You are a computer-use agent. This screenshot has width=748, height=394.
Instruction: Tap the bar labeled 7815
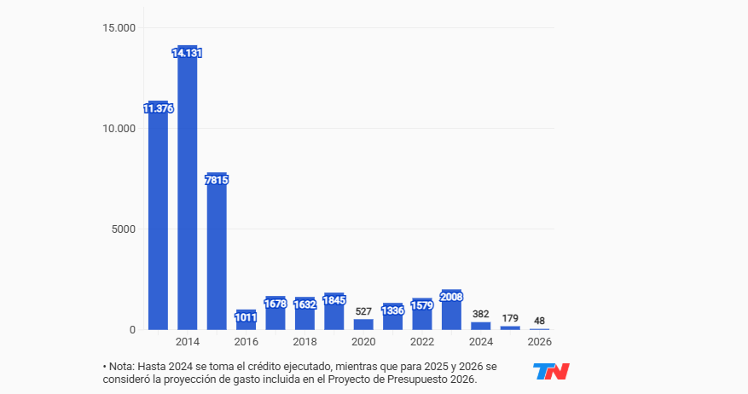pos(217,256)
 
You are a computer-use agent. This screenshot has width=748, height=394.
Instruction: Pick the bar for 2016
pos(246,321)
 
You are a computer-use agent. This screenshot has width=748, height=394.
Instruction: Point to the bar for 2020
pos(363,324)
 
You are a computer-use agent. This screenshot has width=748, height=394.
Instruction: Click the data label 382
pos(481,314)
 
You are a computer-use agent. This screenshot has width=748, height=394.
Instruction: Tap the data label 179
pos(510,318)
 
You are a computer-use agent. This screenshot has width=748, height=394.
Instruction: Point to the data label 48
pos(539,321)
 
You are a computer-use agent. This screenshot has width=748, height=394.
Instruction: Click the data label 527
pos(363,311)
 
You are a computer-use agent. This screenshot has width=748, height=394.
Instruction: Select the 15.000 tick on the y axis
pos(119,27)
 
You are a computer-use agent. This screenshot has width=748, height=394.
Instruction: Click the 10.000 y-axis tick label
pos(119,128)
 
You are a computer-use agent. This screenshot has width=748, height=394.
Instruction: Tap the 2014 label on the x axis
pos(187,342)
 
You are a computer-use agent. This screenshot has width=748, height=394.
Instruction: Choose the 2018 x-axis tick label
pos(304,342)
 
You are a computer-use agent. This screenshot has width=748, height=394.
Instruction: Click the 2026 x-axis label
pos(539,342)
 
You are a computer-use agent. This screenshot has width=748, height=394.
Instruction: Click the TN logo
pos(551,372)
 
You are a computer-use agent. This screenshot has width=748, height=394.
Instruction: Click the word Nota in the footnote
pos(123,366)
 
